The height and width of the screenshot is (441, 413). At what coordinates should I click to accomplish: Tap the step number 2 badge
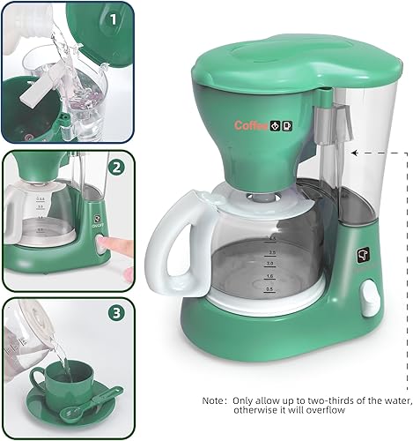(x=116, y=167)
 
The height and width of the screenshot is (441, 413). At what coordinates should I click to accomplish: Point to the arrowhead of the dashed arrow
(x=354, y=152)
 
